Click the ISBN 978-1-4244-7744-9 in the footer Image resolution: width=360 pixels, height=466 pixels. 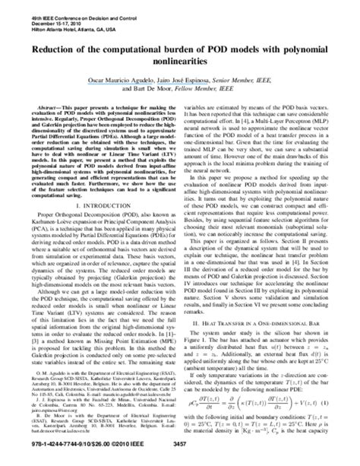[x=46, y=457]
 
